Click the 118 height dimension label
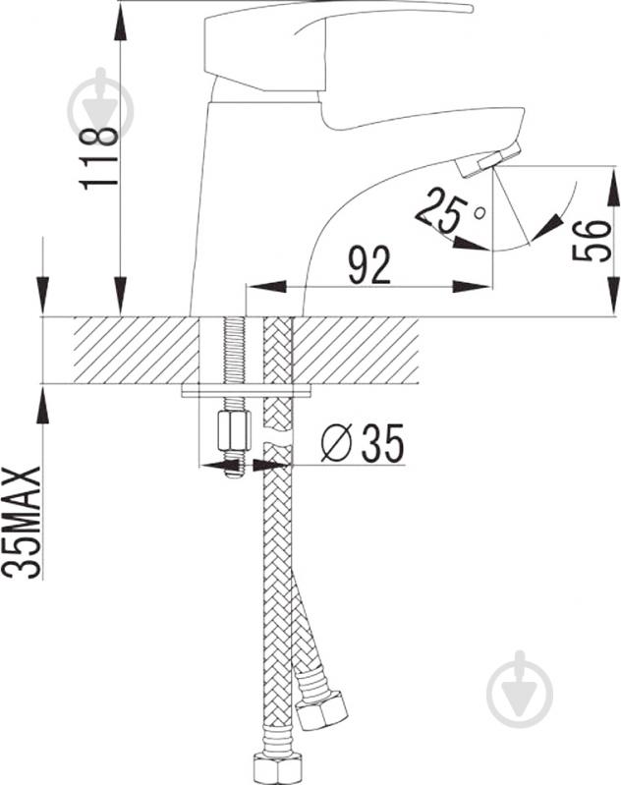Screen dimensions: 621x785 [x=98, y=158]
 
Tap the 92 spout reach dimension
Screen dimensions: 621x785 [x=369, y=265]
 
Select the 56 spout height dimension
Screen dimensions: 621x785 [x=592, y=241]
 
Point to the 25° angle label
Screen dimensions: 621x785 [x=447, y=210]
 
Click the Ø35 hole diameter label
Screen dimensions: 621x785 [x=362, y=443]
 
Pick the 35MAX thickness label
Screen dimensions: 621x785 [x=21, y=522]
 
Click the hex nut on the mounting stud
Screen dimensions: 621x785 [x=234, y=430]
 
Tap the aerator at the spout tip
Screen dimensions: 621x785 [x=490, y=159]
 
